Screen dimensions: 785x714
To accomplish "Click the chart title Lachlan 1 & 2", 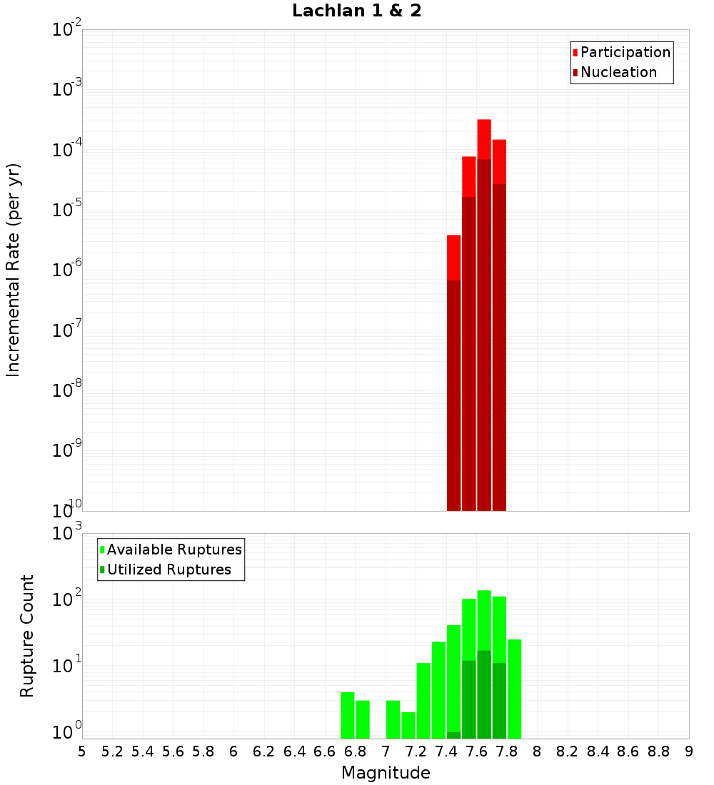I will point(356,11).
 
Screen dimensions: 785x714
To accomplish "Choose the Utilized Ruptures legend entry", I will point(169,569).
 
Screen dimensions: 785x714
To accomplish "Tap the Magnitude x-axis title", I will point(386,773).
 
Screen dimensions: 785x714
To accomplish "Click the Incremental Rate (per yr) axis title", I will point(14,270).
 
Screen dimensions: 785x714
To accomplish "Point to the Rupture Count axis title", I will point(27,636).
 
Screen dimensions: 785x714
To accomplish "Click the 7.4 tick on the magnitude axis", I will point(446,751).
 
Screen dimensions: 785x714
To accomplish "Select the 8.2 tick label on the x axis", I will point(568,751).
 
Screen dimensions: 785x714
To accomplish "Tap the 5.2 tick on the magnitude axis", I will point(112,751).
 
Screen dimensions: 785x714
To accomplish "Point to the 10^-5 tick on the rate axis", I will point(68,210).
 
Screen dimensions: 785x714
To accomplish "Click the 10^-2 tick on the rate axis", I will point(68,30).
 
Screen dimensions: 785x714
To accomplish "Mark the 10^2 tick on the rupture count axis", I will point(68,599).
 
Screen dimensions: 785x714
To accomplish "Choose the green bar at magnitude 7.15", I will point(408,725).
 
